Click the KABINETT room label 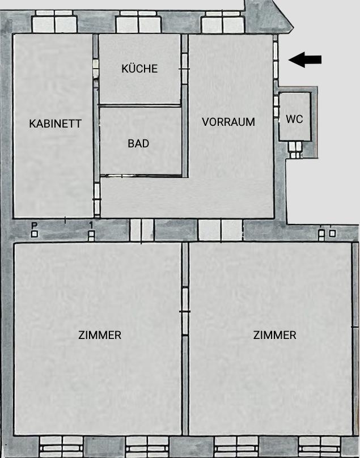tap(56, 124)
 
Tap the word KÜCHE tap(139, 69)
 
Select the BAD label tap(138, 144)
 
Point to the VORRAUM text tap(228, 122)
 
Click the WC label tap(294, 119)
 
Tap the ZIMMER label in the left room tap(100, 335)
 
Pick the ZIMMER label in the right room tap(274, 335)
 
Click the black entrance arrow tap(304, 59)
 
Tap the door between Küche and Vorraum tap(184, 69)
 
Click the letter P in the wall tap(34, 226)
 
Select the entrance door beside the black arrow tap(276, 59)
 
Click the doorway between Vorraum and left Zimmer tap(142, 230)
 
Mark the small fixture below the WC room tap(295, 149)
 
